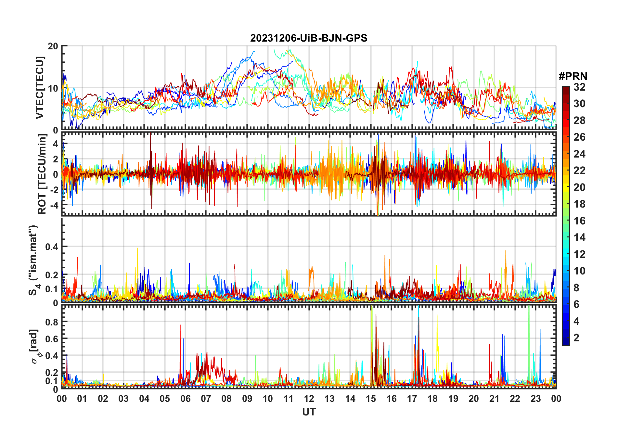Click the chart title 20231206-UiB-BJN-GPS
309,38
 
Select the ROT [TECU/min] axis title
42,174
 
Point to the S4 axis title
33,260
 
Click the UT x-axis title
309,412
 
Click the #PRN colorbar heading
573,76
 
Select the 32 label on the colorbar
579,87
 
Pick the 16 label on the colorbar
579,221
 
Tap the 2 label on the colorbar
576,338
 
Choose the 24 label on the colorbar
579,154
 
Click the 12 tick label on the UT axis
309,399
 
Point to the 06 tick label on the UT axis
185,399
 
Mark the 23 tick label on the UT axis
535,399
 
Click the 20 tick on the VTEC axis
53,46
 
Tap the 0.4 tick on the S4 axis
52,247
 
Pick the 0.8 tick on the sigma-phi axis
52,322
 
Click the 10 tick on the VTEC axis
53,88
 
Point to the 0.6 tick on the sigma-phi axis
52,339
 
